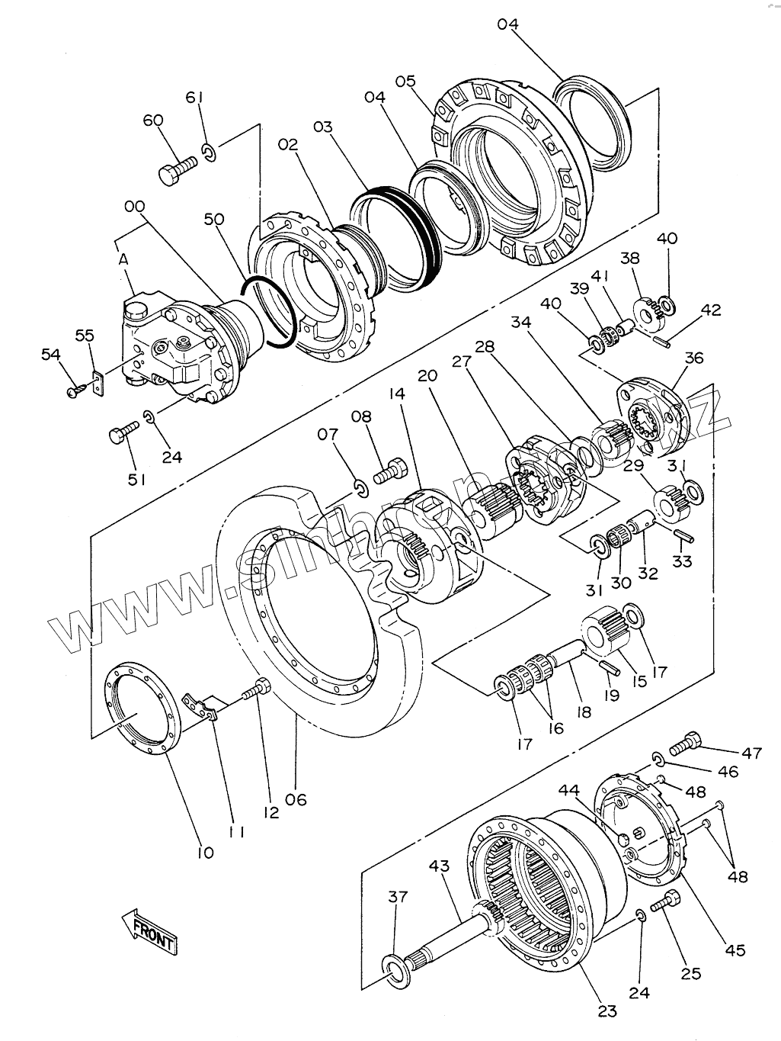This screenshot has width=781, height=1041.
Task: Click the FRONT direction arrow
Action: [x=150, y=930]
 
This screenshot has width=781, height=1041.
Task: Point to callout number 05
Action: [x=405, y=82]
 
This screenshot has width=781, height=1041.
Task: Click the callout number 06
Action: [x=296, y=799]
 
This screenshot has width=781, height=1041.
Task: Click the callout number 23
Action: [x=607, y=1012]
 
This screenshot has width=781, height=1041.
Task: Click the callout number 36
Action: [x=694, y=358]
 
